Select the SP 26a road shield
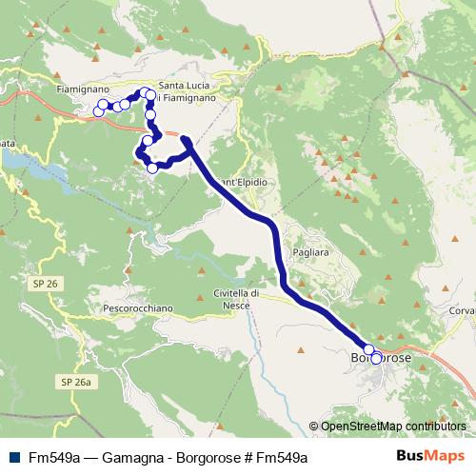78,382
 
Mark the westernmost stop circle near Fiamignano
98,111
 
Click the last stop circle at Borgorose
377,359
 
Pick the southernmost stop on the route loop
152,168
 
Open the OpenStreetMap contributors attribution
392,426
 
